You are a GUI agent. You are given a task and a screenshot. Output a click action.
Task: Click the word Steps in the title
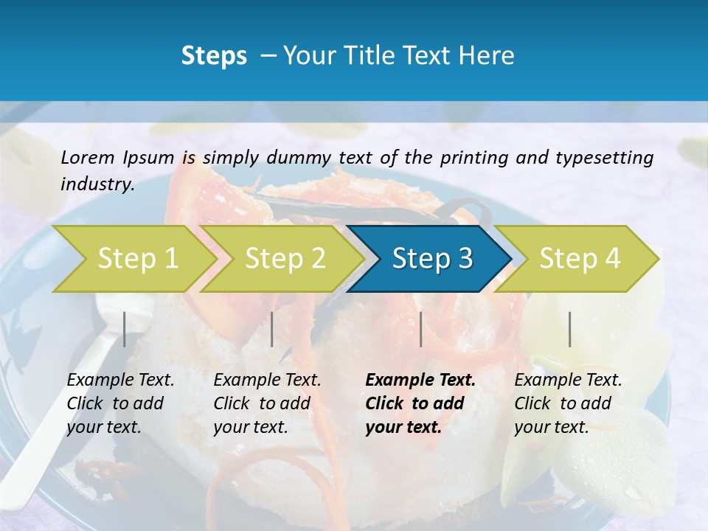point(214,56)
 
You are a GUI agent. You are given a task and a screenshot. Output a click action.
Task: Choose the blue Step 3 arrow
point(432,259)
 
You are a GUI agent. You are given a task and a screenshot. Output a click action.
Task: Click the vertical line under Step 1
point(125,329)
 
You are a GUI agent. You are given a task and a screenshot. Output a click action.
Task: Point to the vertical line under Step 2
point(272,329)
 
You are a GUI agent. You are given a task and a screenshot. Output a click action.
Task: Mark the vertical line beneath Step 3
point(420,329)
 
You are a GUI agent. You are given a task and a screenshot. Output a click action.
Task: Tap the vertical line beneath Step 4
point(569,329)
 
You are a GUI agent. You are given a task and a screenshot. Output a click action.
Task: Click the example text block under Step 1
point(120,403)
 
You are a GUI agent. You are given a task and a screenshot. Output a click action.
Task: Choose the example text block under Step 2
point(267,403)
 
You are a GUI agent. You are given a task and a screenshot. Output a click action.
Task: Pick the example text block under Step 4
point(568,403)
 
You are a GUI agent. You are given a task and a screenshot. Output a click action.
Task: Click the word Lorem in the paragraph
point(88,157)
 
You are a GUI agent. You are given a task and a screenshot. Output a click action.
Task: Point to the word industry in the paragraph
point(97,184)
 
